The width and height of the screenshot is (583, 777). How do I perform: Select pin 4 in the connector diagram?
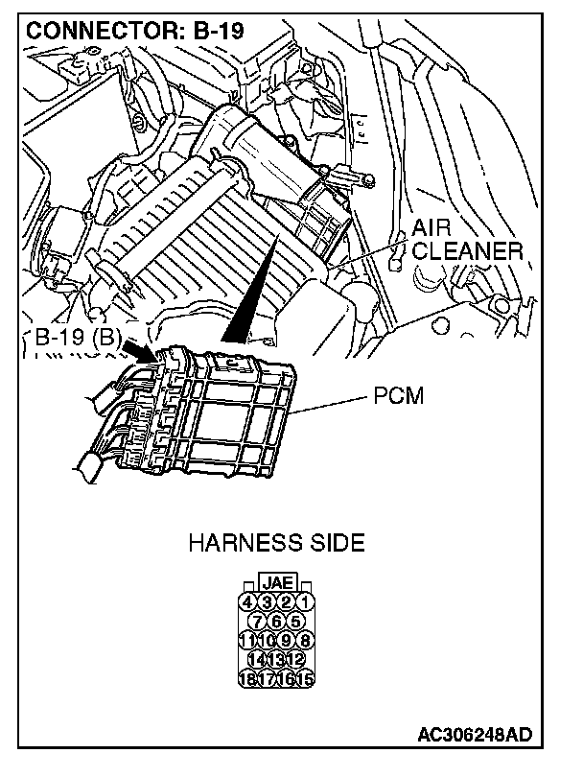246,602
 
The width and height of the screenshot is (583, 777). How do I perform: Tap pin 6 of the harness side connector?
287,622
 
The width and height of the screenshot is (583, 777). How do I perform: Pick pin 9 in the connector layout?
287,641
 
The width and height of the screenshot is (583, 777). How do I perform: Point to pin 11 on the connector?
246,641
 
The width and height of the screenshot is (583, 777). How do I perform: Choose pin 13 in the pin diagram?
277,660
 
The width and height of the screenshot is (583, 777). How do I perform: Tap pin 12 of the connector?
297,660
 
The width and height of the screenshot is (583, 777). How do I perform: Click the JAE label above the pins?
277,582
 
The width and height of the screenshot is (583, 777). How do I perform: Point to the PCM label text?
400,395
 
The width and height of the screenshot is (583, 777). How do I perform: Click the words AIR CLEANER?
466,240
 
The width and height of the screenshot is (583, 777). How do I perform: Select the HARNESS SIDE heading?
276,544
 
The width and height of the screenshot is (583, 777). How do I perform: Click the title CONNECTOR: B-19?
135,30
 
